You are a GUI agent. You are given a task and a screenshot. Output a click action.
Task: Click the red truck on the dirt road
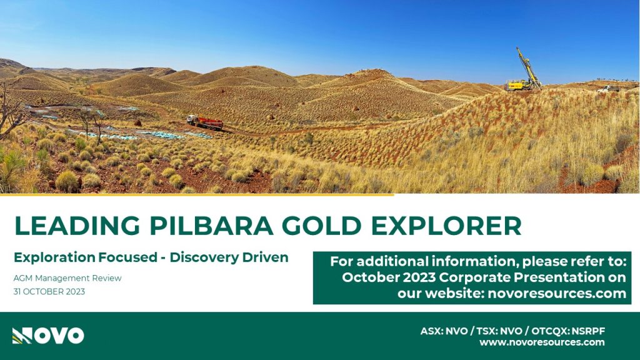click(x=205, y=122)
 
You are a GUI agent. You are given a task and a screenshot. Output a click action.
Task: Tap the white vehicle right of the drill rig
click(x=608, y=89)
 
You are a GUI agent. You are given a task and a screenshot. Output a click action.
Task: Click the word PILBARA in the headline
click(x=211, y=226)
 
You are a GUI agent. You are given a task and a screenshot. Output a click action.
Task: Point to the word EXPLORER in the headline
click(x=446, y=226)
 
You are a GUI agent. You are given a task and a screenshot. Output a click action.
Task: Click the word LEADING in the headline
click(x=77, y=226)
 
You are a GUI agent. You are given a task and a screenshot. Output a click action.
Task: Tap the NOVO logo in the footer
click(x=48, y=336)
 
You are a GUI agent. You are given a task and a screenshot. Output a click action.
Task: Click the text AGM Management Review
click(x=67, y=278)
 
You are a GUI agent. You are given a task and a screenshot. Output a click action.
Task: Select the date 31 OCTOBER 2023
click(x=49, y=292)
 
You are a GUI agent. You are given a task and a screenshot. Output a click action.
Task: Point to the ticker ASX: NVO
click(x=444, y=331)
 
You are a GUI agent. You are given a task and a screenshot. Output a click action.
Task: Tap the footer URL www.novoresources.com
click(x=542, y=342)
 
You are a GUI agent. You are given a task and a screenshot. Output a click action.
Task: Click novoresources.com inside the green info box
click(x=557, y=294)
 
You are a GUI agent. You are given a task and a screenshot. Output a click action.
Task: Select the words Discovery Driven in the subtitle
click(x=229, y=257)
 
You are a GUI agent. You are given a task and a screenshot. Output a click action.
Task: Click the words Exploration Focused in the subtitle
click(x=85, y=257)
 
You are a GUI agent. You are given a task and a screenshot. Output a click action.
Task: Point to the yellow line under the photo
click(x=197, y=195)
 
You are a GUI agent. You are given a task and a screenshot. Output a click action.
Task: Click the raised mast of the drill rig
click(x=528, y=66)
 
